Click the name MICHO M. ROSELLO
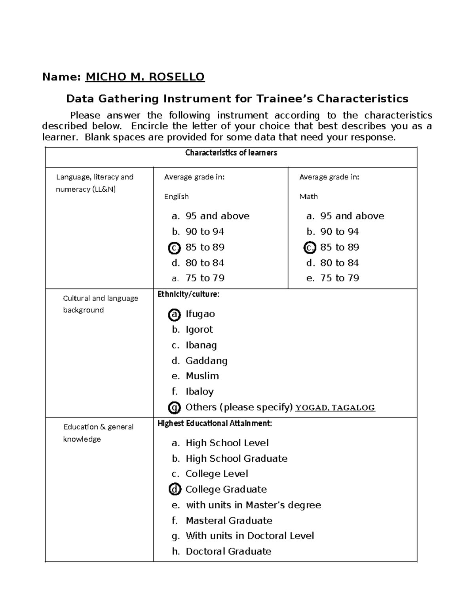tap(145, 77)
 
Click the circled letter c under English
tap(174, 248)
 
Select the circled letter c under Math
tap(310, 248)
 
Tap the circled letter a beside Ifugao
tap(174, 315)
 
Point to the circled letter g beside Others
tap(174, 407)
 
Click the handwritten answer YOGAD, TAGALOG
tap(335, 408)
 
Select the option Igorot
tap(199, 329)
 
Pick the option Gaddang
tap(206, 361)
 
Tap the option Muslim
tap(202, 376)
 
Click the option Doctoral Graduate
tap(228, 551)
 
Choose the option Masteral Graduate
tap(229, 520)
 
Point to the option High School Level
tap(227, 443)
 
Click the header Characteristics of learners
tap(231, 153)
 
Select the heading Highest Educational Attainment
tap(215, 423)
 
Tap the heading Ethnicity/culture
tap(188, 294)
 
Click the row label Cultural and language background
tap(101, 304)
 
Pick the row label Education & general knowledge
tap(98, 433)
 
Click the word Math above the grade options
tap(308, 196)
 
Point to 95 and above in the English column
tap(217, 216)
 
